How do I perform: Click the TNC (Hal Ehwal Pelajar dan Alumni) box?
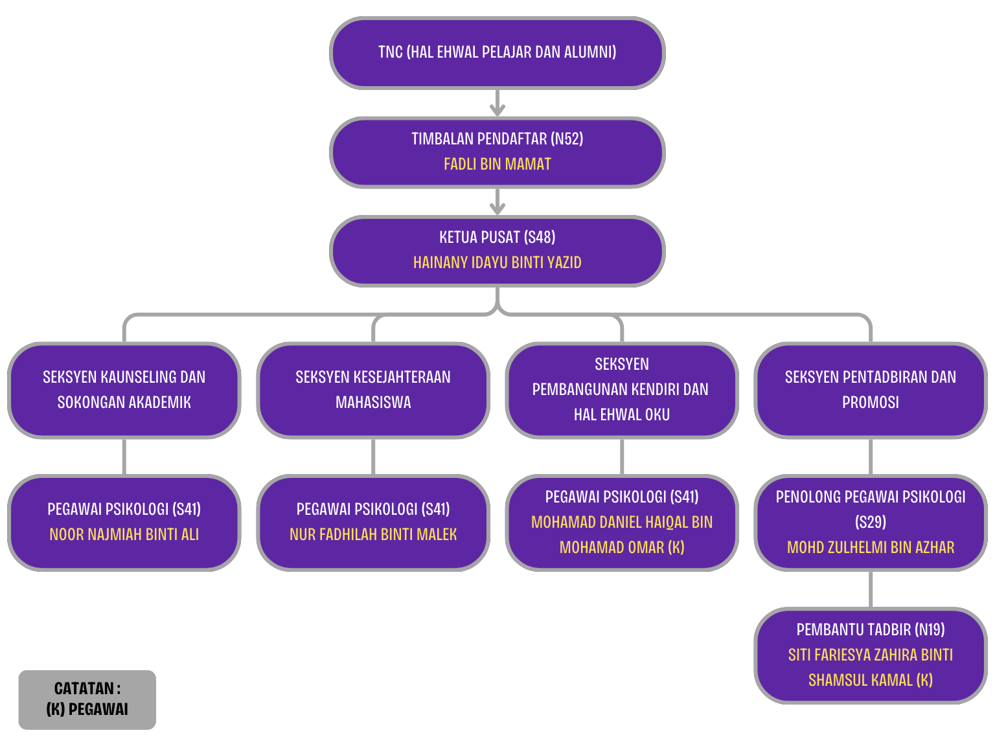(497, 53)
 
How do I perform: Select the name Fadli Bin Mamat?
(497, 164)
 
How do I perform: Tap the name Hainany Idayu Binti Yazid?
(497, 263)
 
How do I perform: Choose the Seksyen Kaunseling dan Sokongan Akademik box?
(124, 390)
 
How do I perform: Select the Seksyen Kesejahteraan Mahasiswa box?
(372, 390)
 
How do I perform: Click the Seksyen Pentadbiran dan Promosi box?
(870, 390)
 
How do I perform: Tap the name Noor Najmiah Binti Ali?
(124, 535)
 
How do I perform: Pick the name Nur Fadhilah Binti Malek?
(372, 535)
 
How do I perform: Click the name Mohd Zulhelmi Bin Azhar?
(870, 548)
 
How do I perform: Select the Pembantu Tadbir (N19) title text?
(870, 629)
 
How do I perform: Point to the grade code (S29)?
(870, 523)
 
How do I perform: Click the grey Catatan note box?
(87, 699)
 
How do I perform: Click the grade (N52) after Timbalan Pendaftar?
(567, 139)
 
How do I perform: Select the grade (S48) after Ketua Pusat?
(540, 238)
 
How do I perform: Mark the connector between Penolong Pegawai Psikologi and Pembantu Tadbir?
(870, 589)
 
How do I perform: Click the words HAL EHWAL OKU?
(621, 415)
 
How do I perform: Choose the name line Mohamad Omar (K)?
(621, 548)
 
